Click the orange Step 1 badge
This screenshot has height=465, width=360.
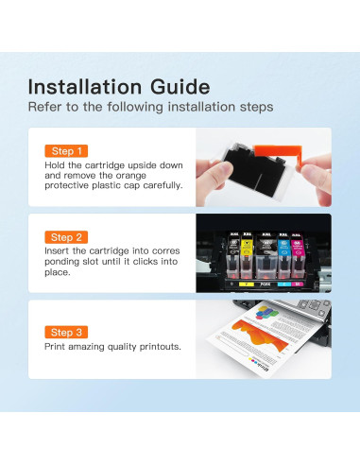pyautogui.click(x=66, y=151)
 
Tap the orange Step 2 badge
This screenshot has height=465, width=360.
pyautogui.click(x=66, y=237)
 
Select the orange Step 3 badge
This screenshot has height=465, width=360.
pyautogui.click(x=66, y=332)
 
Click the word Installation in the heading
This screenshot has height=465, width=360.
pyautogui.click(x=85, y=87)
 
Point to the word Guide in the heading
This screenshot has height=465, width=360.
pyautogui.click(x=180, y=87)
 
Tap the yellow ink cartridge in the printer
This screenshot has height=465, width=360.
pyautogui.click(x=247, y=256)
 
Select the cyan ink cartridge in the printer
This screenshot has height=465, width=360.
pyautogui.click(x=283, y=256)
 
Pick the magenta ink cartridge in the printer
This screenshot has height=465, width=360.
pyautogui.click(x=298, y=256)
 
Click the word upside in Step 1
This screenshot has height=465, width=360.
pyautogui.click(x=142, y=165)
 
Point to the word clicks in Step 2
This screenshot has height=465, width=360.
pyautogui.click(x=147, y=262)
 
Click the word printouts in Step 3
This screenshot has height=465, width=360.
pyautogui.click(x=160, y=347)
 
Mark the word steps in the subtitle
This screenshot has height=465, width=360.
pyautogui.click(x=256, y=107)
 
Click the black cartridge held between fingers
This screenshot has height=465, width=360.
pyautogui.click(x=256, y=169)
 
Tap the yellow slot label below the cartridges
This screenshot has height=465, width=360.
pyautogui.click(x=247, y=284)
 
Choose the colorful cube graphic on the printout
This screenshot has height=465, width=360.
pyautogui.click(x=266, y=313)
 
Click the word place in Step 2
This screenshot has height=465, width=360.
pyautogui.click(x=57, y=272)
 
